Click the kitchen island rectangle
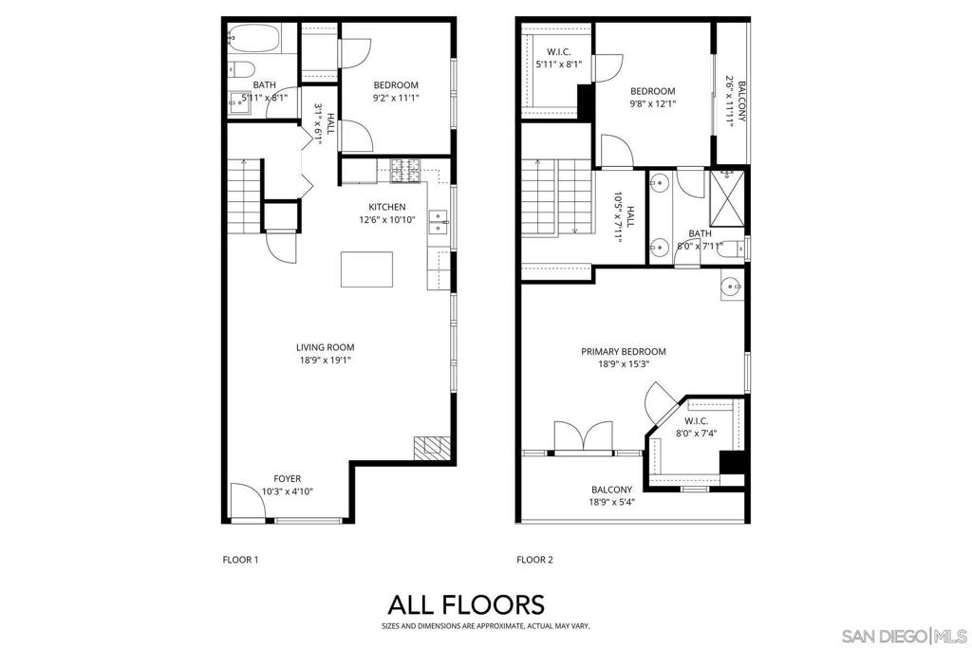[x=367, y=268]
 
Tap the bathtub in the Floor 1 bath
[x=253, y=39]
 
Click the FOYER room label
[x=289, y=478]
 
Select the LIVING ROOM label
[x=325, y=347]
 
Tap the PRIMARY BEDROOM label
[x=624, y=351]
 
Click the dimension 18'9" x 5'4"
[x=611, y=502]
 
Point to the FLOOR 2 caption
[x=534, y=560]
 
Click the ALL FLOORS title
[x=466, y=604]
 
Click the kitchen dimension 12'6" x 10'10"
[x=387, y=220]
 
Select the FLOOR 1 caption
[x=238, y=560]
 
